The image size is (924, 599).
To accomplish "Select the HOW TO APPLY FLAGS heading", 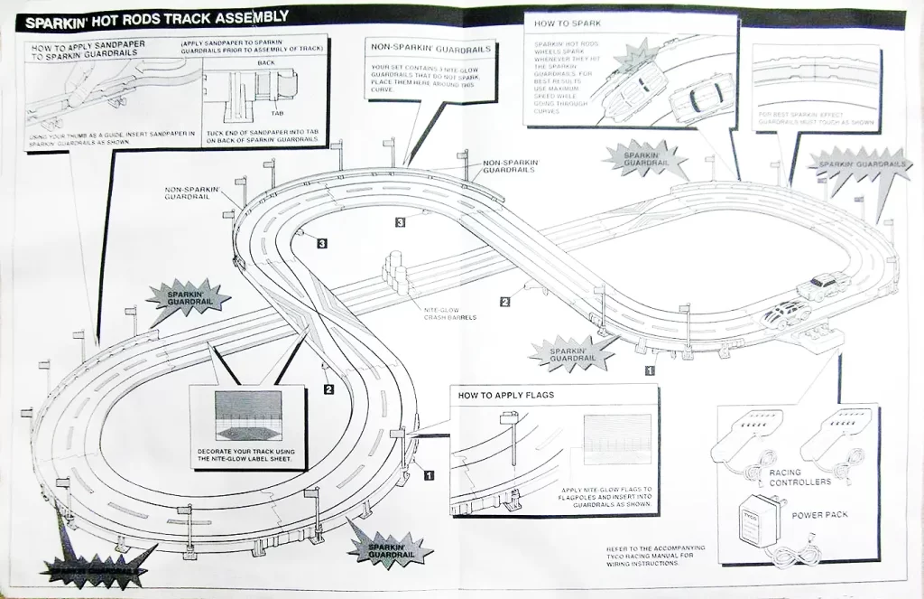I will pyautogui.click(x=505, y=395).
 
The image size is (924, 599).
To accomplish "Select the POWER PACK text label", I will pyautogui.click(x=818, y=515).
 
